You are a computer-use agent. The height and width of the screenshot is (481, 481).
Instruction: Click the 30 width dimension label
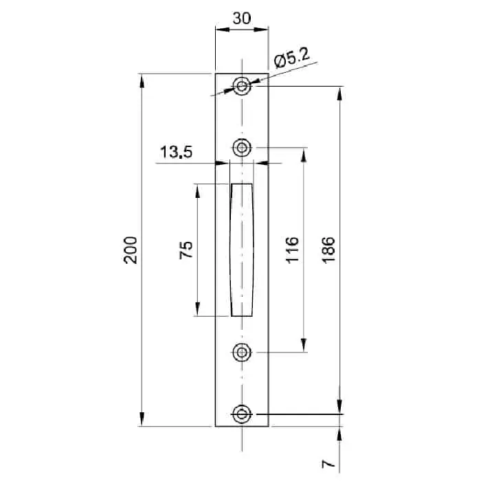242,19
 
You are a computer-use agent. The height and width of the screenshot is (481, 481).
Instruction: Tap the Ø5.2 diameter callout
292,58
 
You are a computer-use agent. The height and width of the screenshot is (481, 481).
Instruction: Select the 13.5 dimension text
177,152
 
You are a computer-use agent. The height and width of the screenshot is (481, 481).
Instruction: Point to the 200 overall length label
131,250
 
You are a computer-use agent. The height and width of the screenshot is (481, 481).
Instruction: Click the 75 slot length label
186,250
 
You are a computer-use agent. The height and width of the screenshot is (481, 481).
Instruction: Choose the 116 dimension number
292,250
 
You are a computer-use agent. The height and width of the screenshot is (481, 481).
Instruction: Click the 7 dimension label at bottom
328,463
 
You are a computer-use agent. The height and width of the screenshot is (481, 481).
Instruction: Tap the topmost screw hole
242,86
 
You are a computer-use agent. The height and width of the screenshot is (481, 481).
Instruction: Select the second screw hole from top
242,148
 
